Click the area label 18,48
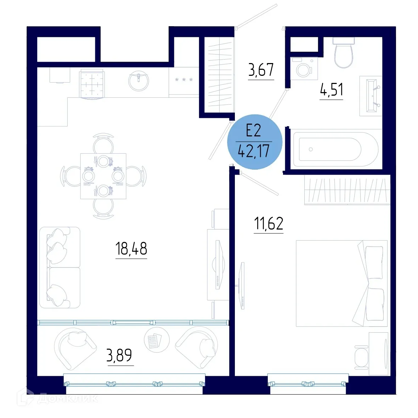pyautogui.click(x=131, y=249)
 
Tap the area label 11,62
pyautogui.click(x=269, y=224)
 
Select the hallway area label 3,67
pyautogui.click(x=261, y=70)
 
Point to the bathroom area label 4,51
pyautogui.click(x=332, y=90)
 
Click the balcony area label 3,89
pyautogui.click(x=119, y=355)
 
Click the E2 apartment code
pyautogui.click(x=254, y=131)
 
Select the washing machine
pyautogui.click(x=304, y=68)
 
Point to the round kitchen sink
pyautogui.click(x=139, y=81)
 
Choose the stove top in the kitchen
pyautogui.click(x=92, y=84)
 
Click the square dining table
pyautogui.click(x=103, y=176)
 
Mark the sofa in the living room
pyautogui.click(x=60, y=267)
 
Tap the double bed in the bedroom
pyautogui.click(x=341, y=283)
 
